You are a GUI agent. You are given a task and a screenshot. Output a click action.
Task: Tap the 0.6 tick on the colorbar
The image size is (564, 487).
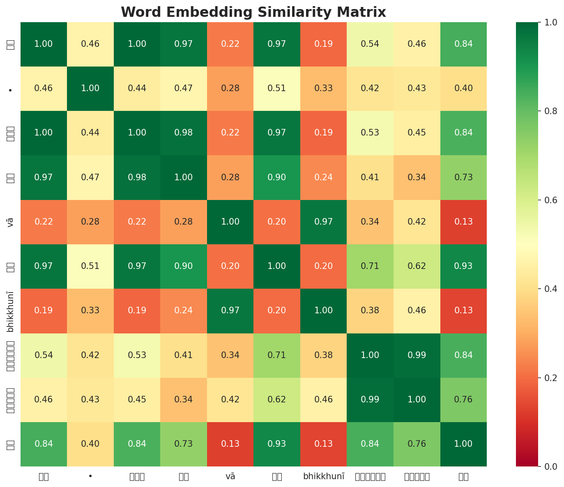click(543, 200)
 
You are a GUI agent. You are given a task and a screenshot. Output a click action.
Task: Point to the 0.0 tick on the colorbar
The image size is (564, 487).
click(543, 466)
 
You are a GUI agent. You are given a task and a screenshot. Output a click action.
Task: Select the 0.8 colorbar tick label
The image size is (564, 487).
click(543, 111)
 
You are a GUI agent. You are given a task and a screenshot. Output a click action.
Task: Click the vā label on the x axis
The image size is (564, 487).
click(230, 476)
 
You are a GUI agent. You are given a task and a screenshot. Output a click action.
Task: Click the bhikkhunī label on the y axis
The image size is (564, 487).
click(11, 311)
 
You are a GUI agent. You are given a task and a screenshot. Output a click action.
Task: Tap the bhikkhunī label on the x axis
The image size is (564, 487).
click(323, 476)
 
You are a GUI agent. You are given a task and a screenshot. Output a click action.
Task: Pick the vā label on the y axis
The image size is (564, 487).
click(11, 222)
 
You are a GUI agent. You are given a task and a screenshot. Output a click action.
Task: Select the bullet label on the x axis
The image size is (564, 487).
click(90, 476)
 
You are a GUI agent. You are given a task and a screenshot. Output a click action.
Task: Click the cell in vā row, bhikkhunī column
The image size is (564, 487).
click(323, 222)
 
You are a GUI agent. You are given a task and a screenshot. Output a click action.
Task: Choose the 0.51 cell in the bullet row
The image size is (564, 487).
click(277, 88)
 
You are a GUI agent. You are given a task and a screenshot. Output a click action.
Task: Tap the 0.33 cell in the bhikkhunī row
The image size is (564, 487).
click(90, 311)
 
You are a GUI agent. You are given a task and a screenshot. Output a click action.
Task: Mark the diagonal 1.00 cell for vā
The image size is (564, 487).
click(230, 222)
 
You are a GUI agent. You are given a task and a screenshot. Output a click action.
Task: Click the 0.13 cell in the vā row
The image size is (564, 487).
click(463, 222)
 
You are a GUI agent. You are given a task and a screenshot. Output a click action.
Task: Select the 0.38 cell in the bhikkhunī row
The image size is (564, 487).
click(370, 311)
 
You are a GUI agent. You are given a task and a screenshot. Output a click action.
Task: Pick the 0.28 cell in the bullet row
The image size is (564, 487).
click(230, 88)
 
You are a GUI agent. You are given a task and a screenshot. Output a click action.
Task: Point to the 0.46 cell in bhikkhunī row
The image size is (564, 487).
click(417, 311)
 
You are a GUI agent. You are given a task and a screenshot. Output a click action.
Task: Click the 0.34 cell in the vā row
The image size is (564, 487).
click(370, 222)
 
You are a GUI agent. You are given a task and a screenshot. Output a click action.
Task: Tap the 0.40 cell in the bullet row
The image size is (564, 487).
click(463, 88)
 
